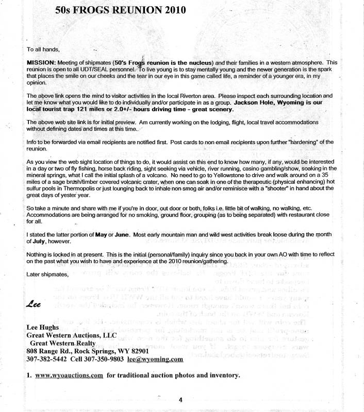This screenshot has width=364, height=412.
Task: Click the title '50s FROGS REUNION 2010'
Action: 121,10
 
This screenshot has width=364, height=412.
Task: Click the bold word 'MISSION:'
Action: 42,62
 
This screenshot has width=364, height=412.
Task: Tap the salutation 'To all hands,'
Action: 43,49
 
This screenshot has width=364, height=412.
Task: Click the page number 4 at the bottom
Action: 180,400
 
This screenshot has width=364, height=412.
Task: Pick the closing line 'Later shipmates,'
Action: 49,274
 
